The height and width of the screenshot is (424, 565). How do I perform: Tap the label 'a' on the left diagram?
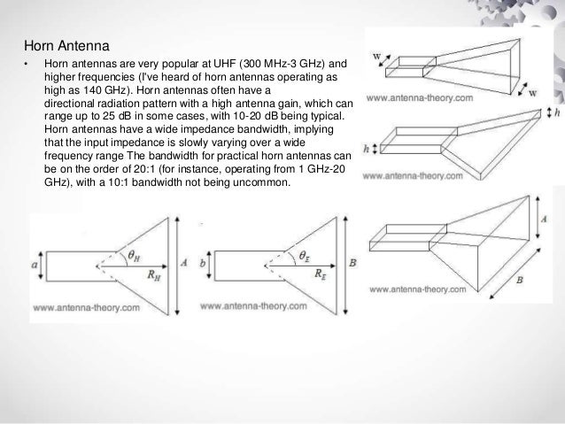click(35, 262)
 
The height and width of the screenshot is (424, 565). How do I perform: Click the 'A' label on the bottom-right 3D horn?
click(541, 217)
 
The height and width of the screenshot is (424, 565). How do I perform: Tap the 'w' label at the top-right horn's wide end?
click(532, 92)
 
